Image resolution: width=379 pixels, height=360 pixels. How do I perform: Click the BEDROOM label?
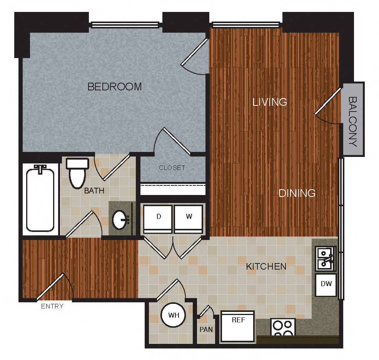pyautogui.click(x=115, y=87)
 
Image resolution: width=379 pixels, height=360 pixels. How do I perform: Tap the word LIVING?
pyautogui.click(x=270, y=102)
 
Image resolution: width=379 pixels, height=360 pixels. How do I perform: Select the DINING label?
pyautogui.click(x=297, y=193)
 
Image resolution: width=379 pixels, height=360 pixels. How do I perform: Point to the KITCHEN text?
pyautogui.click(x=266, y=266)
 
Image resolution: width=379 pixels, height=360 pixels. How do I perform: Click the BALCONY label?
pyautogui.click(x=353, y=121)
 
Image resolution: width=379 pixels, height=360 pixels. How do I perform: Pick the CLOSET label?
pyautogui.click(x=172, y=168)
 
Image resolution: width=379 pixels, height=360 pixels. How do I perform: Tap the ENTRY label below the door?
pyautogui.click(x=52, y=307)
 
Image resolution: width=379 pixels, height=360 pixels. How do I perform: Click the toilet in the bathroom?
pyautogui.click(x=77, y=173)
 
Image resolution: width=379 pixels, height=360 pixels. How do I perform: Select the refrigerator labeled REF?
pyautogui.click(x=237, y=326)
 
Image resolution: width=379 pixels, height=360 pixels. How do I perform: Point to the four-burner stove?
pyautogui.click(x=283, y=327)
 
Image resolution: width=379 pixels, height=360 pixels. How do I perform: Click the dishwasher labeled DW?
pyautogui.click(x=326, y=285)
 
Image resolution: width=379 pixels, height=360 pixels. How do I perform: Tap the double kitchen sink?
pyautogui.click(x=326, y=258)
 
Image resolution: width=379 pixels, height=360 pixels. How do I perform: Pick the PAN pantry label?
pyautogui.click(x=206, y=329)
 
